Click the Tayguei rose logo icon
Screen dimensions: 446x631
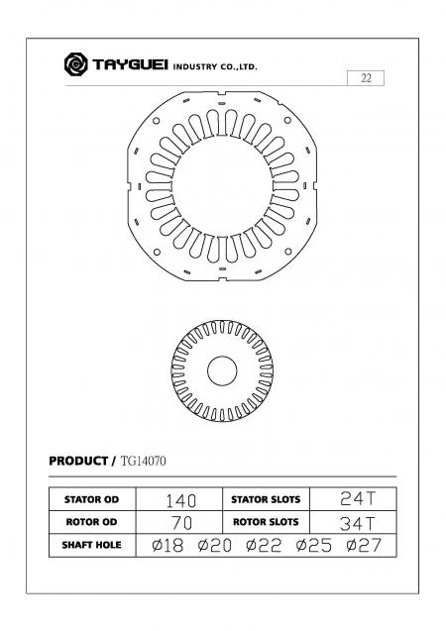[x=75, y=64]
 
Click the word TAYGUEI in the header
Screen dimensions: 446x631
[x=130, y=64]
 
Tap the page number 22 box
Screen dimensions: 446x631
[x=366, y=78]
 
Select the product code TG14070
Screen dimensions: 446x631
[x=144, y=461]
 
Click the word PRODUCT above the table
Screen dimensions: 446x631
[x=78, y=461]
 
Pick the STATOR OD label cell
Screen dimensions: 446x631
[x=92, y=499]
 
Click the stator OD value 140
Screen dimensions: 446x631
[x=181, y=501]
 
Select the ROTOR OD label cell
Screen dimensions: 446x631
[x=92, y=522]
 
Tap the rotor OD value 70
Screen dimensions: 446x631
[x=181, y=523]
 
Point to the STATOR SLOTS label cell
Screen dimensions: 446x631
[x=266, y=499]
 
